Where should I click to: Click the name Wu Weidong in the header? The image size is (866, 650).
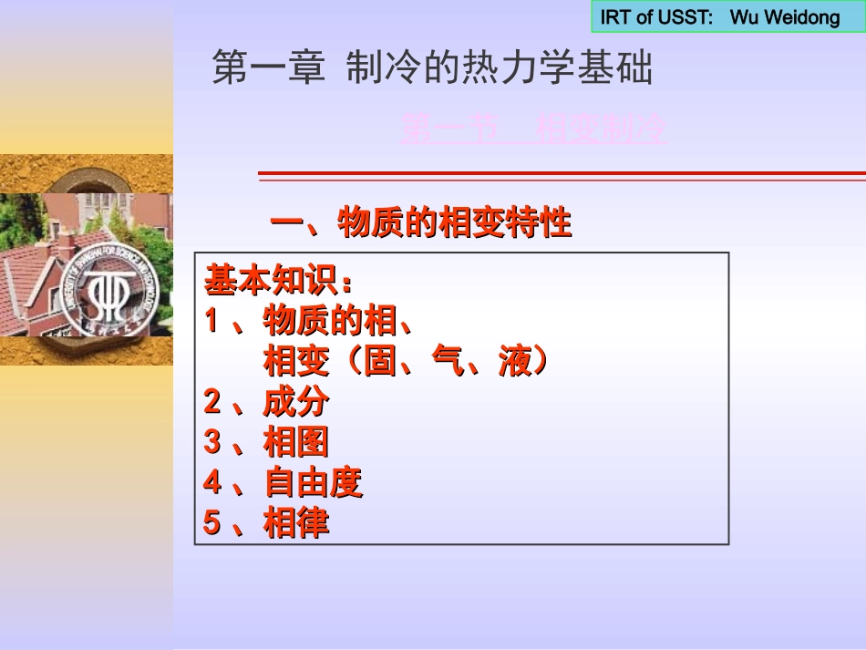(785, 17)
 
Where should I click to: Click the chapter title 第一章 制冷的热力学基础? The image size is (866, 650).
(432, 68)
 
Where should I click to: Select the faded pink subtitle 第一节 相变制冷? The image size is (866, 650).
(534, 129)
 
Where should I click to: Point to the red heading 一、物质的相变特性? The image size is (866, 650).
(421, 222)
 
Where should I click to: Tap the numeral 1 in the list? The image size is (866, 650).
(211, 321)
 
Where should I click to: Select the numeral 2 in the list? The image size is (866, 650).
(212, 401)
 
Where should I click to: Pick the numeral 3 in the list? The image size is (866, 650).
(212, 442)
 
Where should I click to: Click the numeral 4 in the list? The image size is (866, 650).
(212, 482)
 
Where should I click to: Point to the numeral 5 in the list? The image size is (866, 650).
(212, 522)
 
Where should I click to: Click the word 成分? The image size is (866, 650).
(296, 401)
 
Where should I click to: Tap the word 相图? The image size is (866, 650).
(296, 442)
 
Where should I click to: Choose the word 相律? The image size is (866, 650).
(296, 522)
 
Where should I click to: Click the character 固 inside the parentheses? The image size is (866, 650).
(380, 362)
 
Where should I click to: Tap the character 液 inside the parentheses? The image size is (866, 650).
(514, 362)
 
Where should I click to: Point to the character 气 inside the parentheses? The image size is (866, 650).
(447, 362)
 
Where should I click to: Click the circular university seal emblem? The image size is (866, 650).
(115, 291)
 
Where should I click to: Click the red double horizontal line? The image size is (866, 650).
(562, 175)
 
